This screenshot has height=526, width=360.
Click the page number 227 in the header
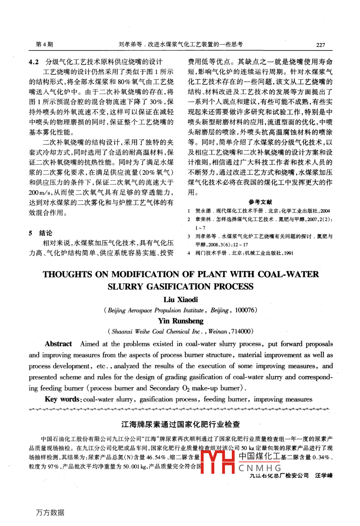pyautogui.click(x=321, y=45)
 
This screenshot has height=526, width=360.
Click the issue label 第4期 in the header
pyautogui.click(x=44, y=45)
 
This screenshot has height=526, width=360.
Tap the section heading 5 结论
pyautogui.click(x=41, y=233)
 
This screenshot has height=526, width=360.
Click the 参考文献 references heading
pyautogui.click(x=260, y=202)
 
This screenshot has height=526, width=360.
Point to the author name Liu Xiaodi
pyautogui.click(x=180, y=299)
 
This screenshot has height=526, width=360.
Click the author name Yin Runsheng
pyautogui.click(x=180, y=321)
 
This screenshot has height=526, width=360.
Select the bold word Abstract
pyautogui.click(x=59, y=344)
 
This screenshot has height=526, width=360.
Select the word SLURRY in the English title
pyautogui.click(x=125, y=287)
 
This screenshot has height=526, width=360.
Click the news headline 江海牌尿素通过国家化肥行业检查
pyautogui.click(x=180, y=424)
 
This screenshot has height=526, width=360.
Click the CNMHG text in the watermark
pyautogui.click(x=260, y=468)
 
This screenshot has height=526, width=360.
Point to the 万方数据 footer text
pyautogui.click(x=50, y=512)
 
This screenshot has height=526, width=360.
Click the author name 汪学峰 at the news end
pyautogui.click(x=323, y=475)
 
